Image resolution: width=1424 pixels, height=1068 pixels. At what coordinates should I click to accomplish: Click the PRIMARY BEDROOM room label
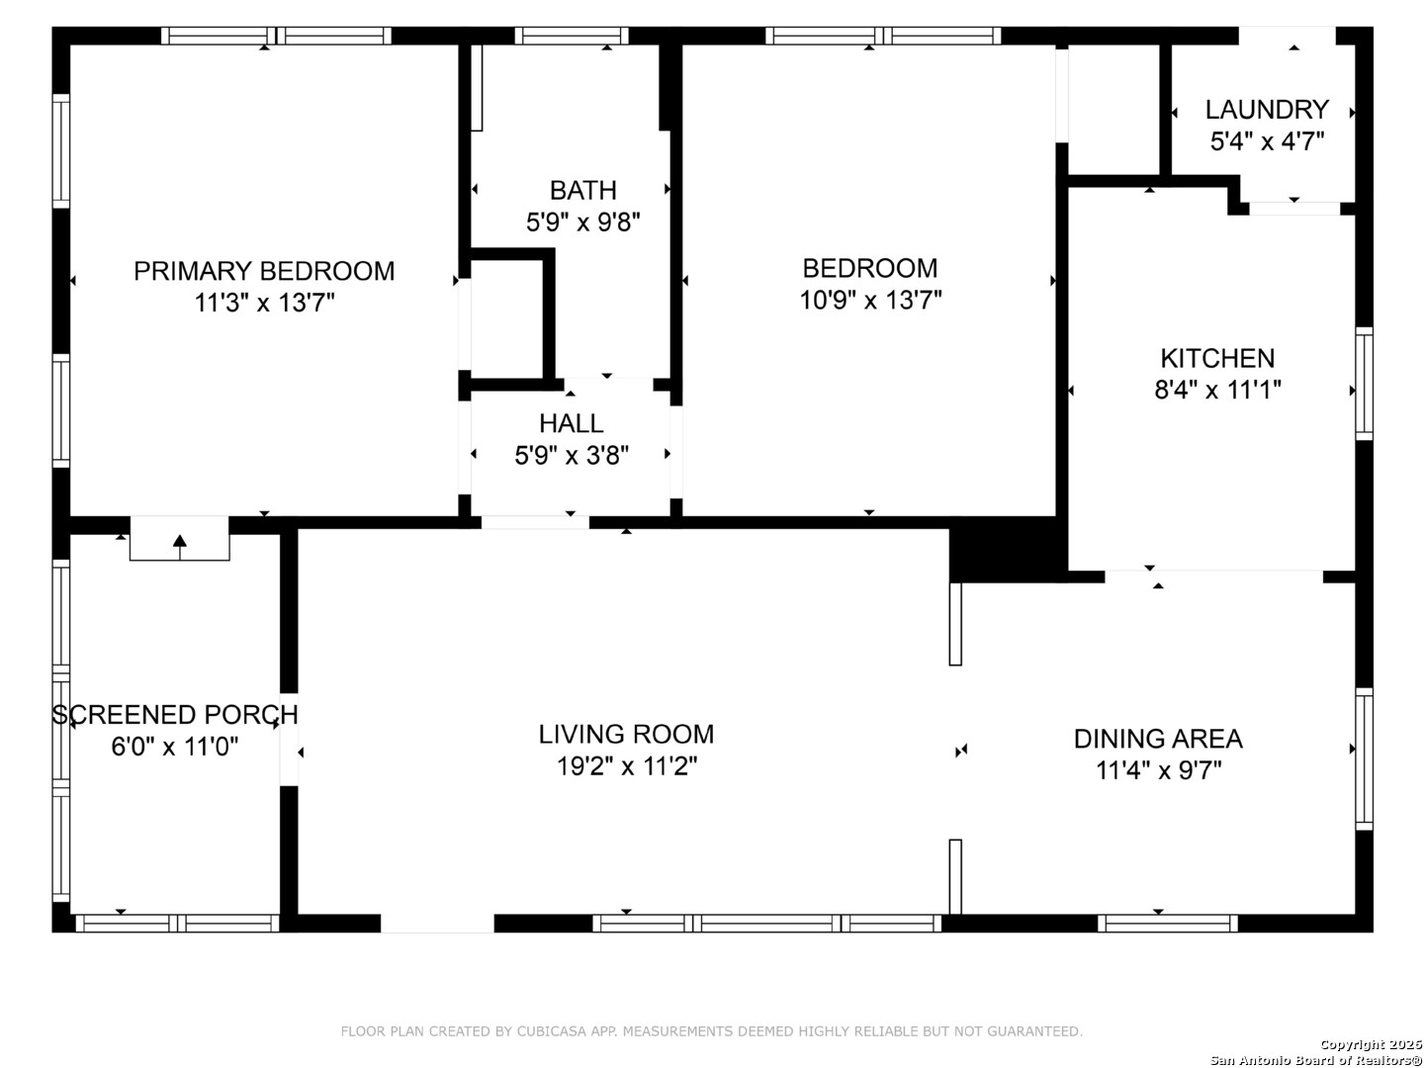click(264, 271)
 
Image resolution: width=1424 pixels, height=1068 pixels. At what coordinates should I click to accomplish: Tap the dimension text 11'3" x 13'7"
click(265, 303)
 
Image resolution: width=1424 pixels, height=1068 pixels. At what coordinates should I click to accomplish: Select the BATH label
click(583, 191)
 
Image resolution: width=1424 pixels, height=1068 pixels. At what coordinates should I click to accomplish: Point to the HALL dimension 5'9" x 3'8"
click(572, 456)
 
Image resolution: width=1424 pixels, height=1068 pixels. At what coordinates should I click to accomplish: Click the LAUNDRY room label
click(1267, 110)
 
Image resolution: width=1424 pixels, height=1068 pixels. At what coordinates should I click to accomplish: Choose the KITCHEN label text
click(1217, 359)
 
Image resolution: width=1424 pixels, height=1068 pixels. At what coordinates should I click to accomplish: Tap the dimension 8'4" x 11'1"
click(1217, 391)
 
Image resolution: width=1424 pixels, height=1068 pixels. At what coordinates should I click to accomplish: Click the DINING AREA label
click(1159, 740)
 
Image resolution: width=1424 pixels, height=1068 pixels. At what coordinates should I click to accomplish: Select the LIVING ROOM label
click(627, 735)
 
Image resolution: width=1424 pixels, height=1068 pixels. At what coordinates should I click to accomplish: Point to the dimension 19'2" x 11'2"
click(627, 766)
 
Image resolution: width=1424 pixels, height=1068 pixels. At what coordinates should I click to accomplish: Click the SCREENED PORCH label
click(175, 715)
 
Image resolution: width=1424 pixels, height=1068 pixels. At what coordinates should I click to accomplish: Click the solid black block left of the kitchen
click(1008, 550)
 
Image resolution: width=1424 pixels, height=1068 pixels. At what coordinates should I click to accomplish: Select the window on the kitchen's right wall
click(1365, 384)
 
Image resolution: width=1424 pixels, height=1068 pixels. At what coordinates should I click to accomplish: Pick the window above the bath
click(572, 36)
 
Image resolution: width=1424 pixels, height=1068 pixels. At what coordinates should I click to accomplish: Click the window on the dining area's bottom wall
click(1168, 924)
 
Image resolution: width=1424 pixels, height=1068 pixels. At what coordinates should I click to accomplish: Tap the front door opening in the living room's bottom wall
click(437, 924)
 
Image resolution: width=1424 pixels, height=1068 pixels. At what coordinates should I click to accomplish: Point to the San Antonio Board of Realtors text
click(1315, 1060)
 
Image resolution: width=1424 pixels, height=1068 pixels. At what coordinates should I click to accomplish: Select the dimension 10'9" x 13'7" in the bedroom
click(870, 301)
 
